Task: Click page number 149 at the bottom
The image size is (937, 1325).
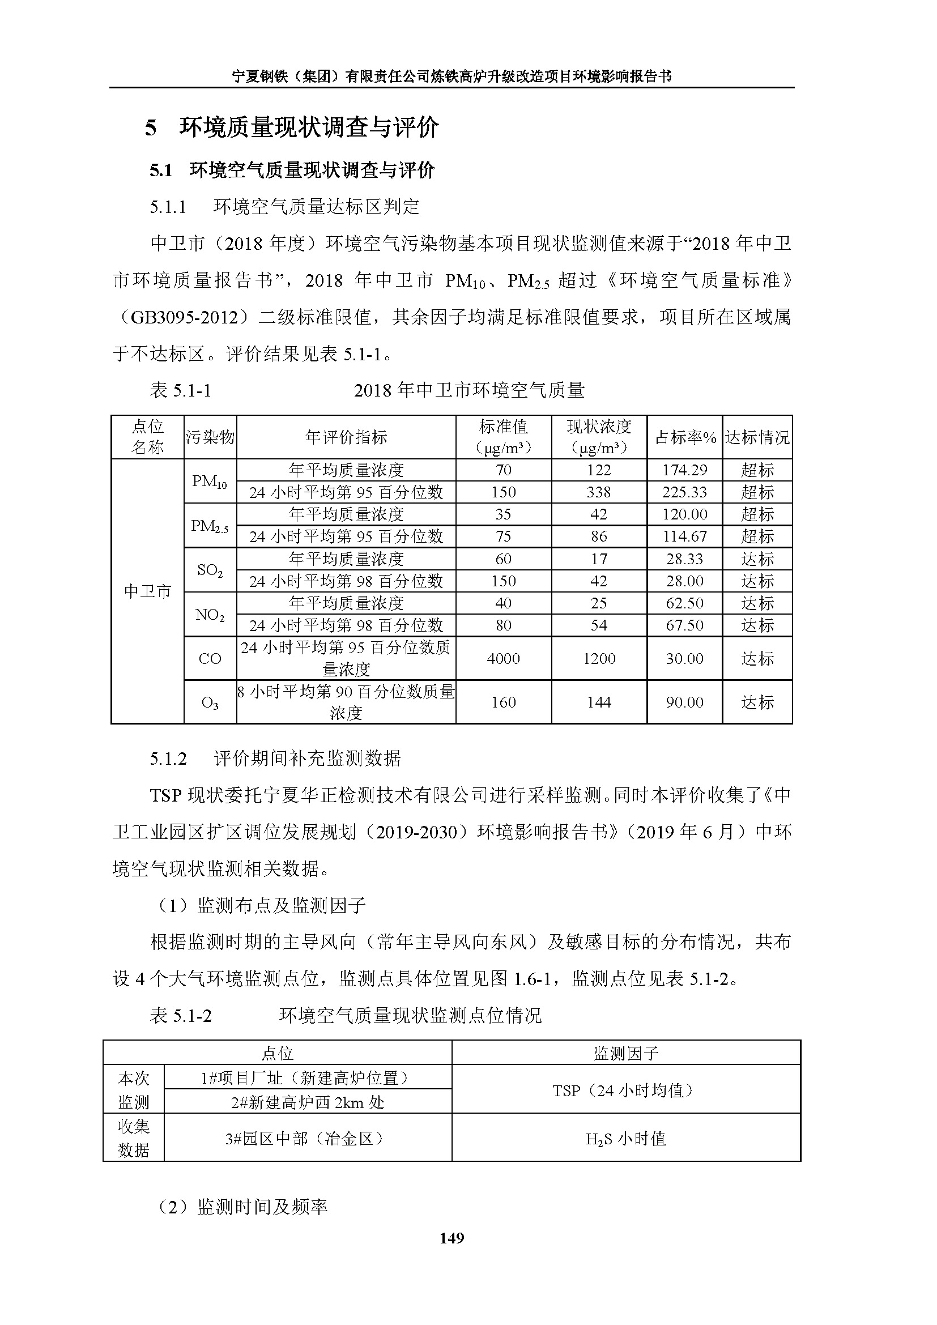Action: (x=451, y=1238)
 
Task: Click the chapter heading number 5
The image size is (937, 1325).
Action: (x=151, y=127)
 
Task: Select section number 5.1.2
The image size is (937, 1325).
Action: (x=168, y=759)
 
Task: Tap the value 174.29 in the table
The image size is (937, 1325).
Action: (x=684, y=470)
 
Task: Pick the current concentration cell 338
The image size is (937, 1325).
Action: (x=598, y=492)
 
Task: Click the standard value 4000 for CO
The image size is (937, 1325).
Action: (x=503, y=658)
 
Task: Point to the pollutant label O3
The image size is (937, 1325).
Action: (x=210, y=702)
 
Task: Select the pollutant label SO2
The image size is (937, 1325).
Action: (x=210, y=570)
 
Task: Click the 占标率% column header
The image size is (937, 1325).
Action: (x=685, y=437)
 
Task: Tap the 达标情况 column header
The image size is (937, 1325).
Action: (x=757, y=437)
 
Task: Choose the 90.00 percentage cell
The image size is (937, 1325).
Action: (x=684, y=702)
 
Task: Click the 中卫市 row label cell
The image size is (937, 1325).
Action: (x=148, y=591)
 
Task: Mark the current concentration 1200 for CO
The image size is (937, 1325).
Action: (x=599, y=658)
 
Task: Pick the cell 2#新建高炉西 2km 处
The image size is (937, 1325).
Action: (x=308, y=1102)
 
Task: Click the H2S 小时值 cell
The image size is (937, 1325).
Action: (x=625, y=1139)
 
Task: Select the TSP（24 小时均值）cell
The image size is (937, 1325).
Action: (x=625, y=1090)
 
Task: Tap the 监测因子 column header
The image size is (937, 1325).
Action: (x=625, y=1054)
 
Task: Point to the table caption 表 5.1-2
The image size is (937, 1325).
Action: (x=181, y=1015)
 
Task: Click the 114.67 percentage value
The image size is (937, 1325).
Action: (x=684, y=536)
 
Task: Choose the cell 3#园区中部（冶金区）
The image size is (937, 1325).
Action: (x=308, y=1139)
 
